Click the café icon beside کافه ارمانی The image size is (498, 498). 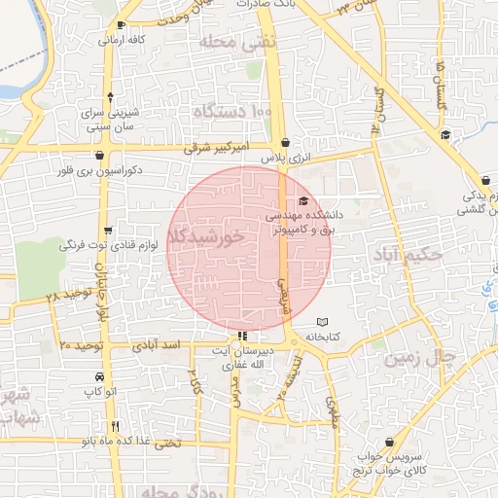tap(121, 25)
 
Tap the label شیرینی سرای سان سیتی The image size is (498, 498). tap(114, 118)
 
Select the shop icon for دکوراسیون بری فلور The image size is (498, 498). tap(100, 153)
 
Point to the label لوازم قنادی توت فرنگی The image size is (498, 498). tap(103, 244)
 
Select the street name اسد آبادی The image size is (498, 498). tap(158, 345)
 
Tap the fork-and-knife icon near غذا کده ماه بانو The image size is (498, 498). tap(115, 425)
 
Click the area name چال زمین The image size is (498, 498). tap(418, 358)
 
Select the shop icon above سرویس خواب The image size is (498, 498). tap(389, 442)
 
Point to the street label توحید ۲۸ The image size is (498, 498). tap(66, 293)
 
